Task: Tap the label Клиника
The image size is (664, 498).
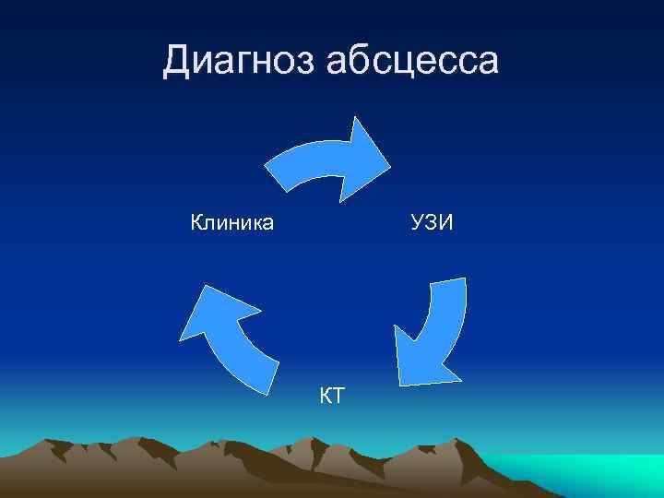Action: point(231,222)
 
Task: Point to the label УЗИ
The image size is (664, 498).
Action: point(433,222)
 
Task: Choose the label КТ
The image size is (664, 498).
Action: point(331,397)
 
